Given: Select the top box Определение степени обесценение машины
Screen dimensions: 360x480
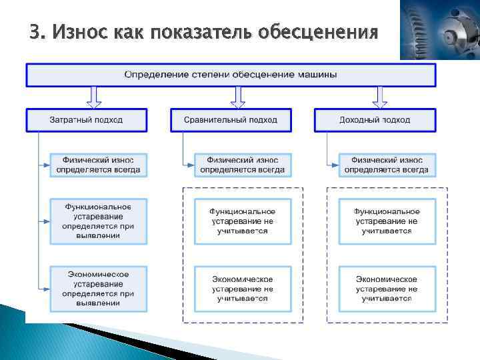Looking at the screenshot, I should [231, 75].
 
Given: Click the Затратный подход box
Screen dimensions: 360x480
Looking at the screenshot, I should [87, 121].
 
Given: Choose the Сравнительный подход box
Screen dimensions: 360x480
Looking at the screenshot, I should [231, 121].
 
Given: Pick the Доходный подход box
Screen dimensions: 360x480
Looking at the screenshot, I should [375, 121].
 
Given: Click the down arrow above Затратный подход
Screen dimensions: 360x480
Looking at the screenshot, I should [94, 97].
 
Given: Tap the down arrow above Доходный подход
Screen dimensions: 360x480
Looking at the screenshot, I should [380, 97].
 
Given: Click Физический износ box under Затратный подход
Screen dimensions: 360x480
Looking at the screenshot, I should [98, 165].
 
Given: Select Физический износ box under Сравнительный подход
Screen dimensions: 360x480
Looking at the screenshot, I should [243, 165].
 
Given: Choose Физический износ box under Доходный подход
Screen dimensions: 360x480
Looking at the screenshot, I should [387, 165].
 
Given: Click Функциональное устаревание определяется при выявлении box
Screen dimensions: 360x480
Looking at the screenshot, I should [98, 221].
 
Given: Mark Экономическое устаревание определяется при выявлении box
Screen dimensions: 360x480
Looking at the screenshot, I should [98, 289].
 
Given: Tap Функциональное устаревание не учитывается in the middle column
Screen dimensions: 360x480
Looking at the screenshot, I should [243, 221].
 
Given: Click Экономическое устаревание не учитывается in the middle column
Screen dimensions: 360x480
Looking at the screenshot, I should [243, 289].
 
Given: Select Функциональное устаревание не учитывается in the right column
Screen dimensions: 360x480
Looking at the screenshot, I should [387, 221].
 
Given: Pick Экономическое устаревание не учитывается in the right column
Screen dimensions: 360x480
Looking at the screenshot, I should [387, 289].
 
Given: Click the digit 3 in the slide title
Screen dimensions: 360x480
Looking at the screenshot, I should [35, 31].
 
